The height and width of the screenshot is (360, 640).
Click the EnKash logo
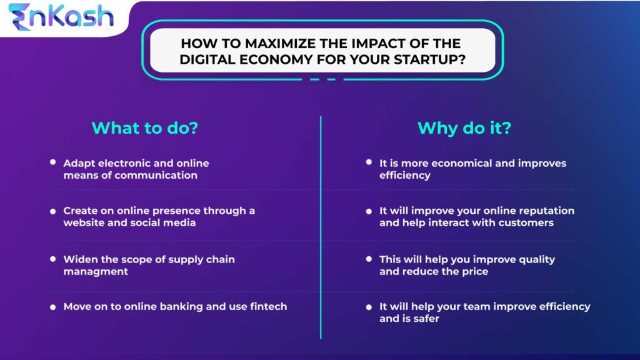[61, 17]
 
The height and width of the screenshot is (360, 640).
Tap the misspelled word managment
[96, 271]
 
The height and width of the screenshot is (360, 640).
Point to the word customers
[524, 222]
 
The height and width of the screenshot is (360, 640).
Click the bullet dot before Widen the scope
[53, 260]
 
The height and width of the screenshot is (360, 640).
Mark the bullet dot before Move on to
[53, 307]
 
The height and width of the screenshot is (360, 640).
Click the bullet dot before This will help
[369, 260]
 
